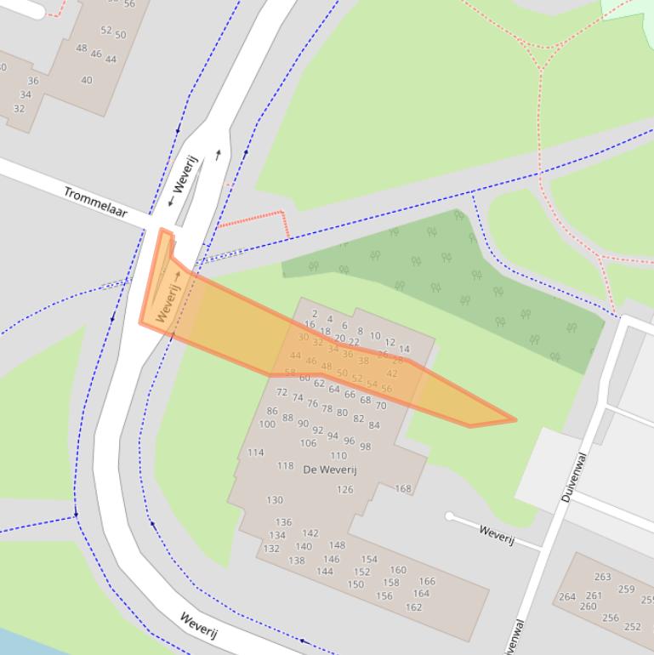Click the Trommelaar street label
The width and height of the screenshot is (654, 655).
[94, 202]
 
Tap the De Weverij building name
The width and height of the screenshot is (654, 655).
[330, 470]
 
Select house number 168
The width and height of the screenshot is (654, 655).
[403, 489]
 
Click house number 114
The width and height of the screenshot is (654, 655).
[255, 453]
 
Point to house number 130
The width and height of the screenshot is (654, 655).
[275, 500]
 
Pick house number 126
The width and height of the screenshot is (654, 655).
[344, 489]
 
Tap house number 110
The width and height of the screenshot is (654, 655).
[338, 455]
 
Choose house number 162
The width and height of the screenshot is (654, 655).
[414, 607]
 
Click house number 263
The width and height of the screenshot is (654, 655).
[603, 577]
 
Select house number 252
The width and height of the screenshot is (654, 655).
[633, 627]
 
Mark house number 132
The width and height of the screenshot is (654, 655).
[271, 549]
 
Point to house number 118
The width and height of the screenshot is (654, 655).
[285, 466]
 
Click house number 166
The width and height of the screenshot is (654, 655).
[427, 582]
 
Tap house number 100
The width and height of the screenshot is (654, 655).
[267, 424]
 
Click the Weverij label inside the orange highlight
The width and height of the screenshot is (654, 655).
[168, 303]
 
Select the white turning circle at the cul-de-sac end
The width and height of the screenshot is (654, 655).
[449, 516]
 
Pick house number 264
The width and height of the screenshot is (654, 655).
[566, 597]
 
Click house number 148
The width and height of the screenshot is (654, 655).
[338, 545]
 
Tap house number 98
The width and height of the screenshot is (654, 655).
[366, 447]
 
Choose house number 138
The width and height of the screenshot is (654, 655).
[296, 561]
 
